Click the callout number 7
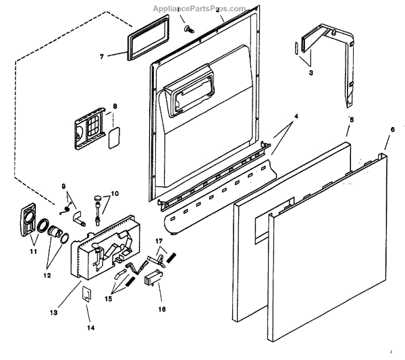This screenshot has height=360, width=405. [x=101, y=57]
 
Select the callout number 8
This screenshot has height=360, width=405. [x=115, y=106]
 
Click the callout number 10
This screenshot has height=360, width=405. [x=115, y=194]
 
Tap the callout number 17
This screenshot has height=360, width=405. [x=159, y=240]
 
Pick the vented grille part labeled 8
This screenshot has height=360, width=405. [x=88, y=128]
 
